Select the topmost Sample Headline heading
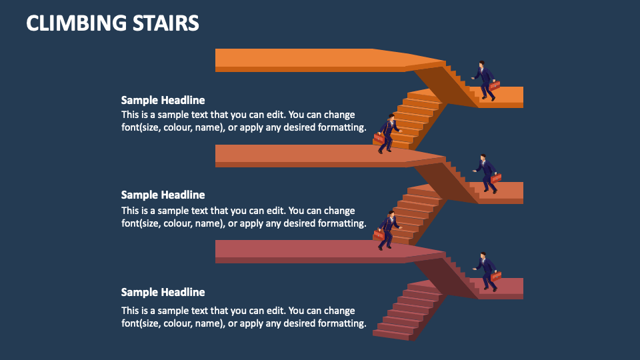163,101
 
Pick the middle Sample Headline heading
163,195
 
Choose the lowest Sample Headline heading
163,293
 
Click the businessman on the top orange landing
485,81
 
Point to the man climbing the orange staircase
388,133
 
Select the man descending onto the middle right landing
487,174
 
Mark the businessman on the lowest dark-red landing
487,271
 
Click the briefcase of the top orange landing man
495,85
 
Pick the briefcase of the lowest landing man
496,276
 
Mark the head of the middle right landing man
483,158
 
